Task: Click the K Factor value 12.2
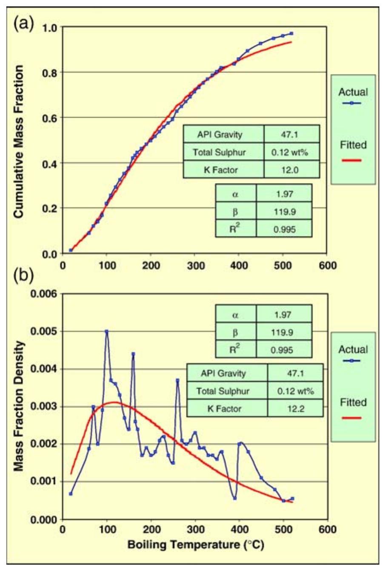click(x=295, y=409)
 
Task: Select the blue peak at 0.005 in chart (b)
click(x=106, y=331)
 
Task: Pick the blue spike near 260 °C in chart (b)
click(x=177, y=380)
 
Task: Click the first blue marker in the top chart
click(x=71, y=250)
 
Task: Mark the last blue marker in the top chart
click(x=292, y=33)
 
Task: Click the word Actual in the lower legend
click(x=353, y=350)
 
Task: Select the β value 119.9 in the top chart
click(x=284, y=211)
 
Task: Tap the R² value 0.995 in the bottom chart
click(x=284, y=350)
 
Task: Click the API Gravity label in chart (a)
click(x=220, y=135)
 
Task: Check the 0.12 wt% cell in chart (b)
click(x=295, y=391)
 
